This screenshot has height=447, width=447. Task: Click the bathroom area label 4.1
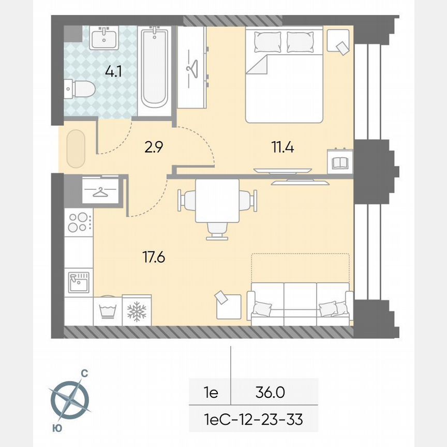(113, 71)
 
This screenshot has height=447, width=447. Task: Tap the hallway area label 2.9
(154, 147)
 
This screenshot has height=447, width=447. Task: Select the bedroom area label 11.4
(283, 147)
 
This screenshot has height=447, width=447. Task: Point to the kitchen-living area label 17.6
(154, 257)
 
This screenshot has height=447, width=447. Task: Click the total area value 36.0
(270, 393)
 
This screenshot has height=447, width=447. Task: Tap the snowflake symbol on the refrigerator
(137, 311)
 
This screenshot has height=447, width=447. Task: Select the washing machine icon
(107, 310)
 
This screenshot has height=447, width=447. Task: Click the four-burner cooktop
(79, 222)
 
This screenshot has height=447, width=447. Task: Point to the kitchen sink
(79, 282)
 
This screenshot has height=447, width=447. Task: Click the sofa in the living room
(300, 305)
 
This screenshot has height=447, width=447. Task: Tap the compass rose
(69, 400)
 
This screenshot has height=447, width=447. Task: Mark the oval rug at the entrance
(76, 148)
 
